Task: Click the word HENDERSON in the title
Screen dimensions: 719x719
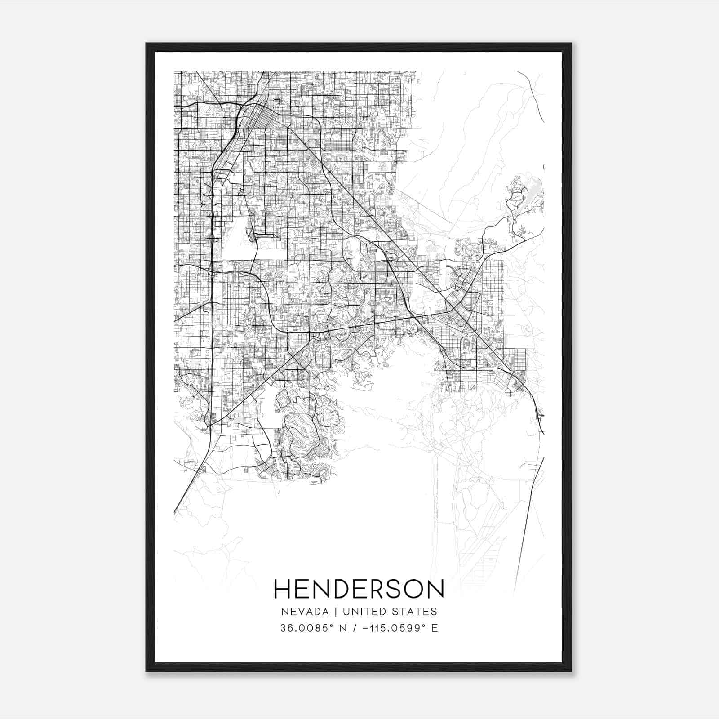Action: tap(359, 589)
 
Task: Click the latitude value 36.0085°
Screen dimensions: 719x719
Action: tap(306, 628)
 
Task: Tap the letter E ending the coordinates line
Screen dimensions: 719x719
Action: tap(434, 628)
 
